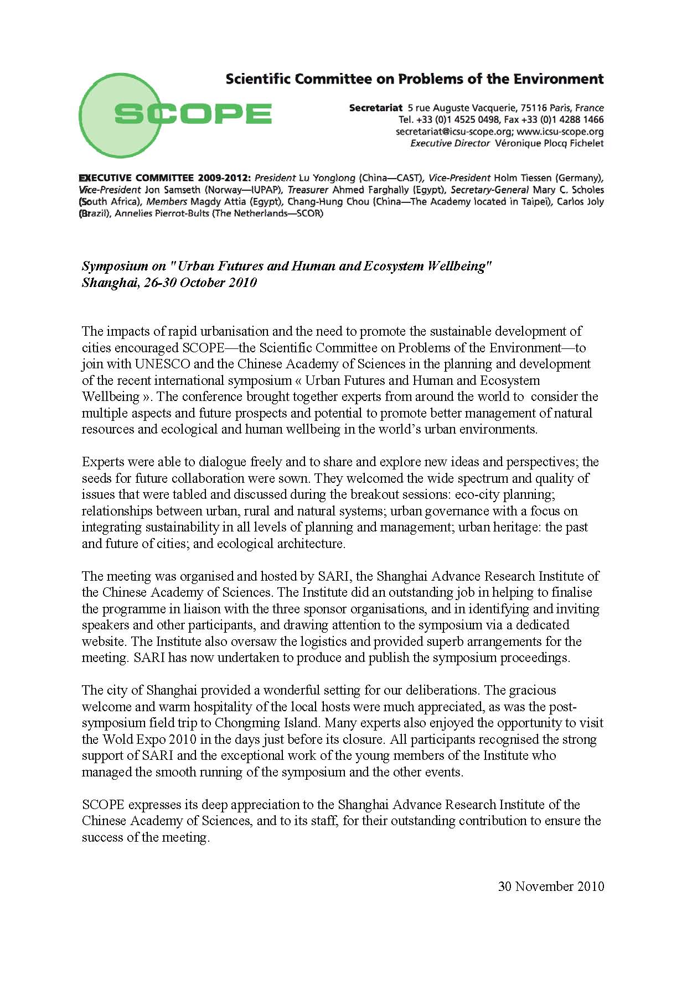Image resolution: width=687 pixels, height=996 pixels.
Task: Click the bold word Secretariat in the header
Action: click(375, 108)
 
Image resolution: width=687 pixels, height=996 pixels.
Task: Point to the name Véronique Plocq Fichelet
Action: click(549, 143)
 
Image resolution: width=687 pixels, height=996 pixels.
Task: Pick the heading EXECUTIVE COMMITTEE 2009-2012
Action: click(165, 178)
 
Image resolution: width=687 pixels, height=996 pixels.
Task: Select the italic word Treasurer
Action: click(308, 190)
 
